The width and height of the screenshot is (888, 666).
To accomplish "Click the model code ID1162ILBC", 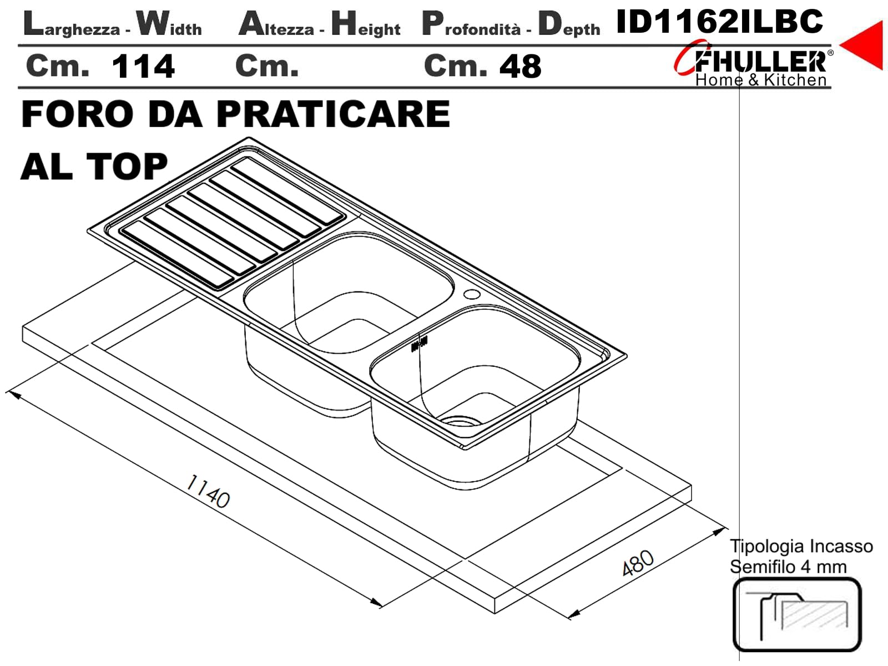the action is pos(719,22).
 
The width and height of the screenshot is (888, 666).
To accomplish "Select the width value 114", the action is pos(143,66).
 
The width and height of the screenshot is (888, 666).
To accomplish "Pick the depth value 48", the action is pos(520,66).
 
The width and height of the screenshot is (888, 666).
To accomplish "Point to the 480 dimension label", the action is pos(638,563).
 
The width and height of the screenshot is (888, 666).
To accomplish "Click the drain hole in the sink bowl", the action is pos(461,421).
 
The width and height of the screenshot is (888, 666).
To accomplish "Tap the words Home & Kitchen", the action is pos(760,80).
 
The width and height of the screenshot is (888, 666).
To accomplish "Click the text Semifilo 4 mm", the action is pos(788,567).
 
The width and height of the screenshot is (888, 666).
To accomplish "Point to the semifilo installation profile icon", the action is pos(796,614).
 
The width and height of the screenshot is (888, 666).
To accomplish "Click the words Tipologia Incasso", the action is pos(801,546).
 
